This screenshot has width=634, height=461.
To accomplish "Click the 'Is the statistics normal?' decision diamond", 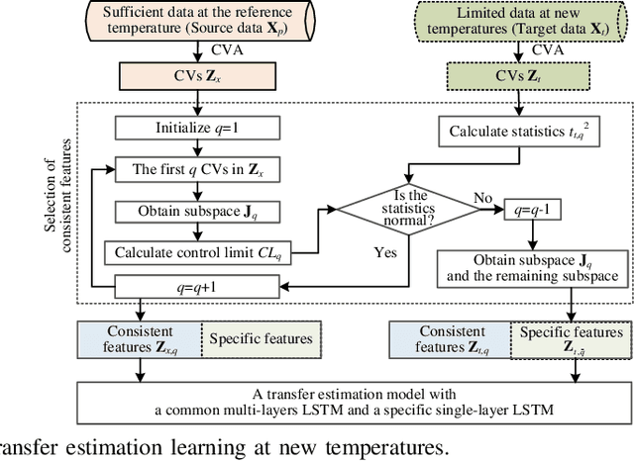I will [414, 208].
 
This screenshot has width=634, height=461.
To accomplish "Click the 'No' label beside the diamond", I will [481, 198].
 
